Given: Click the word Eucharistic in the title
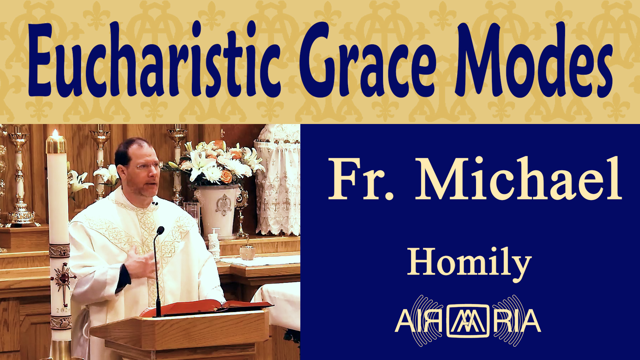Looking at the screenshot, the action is (154, 60).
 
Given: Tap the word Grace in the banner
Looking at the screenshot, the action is (368, 60).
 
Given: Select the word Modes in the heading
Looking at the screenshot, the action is (533, 60).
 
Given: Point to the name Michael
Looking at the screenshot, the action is (518, 178).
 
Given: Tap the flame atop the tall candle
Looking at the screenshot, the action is (56, 133).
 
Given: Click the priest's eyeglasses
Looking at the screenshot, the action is (147, 166).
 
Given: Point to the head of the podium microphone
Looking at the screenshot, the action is (160, 230).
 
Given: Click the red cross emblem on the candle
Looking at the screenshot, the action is (63, 278).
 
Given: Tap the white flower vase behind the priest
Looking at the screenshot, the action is (218, 210).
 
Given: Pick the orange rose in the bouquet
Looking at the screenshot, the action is (227, 176).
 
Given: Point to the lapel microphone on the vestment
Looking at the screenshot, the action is (155, 203).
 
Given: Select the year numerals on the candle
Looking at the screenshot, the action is (63, 310).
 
